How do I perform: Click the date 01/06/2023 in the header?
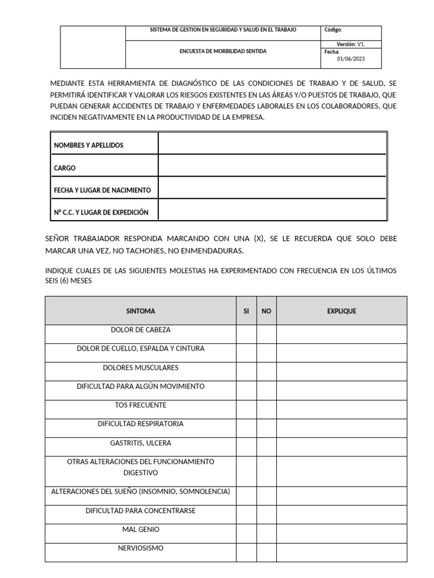(x=351, y=58)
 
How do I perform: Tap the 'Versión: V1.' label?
(x=351, y=43)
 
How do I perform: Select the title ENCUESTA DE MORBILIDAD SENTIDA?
(x=223, y=51)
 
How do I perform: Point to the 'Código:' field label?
(x=333, y=30)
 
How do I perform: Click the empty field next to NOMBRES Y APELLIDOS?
(x=272, y=145)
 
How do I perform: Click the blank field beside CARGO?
(x=272, y=168)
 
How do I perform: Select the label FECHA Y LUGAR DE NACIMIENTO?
(x=102, y=190)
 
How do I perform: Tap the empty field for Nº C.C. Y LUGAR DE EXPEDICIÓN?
(x=272, y=212)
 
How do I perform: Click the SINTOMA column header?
(x=141, y=311)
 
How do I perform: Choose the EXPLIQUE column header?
(x=341, y=311)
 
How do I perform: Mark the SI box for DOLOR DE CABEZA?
(x=246, y=334)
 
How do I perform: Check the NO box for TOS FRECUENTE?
(x=267, y=409)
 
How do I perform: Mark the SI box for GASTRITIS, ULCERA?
(x=246, y=447)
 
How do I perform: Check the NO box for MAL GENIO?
(x=267, y=534)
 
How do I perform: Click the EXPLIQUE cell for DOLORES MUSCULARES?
(x=341, y=371)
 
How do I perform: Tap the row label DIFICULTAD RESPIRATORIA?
(x=141, y=424)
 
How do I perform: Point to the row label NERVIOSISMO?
(x=141, y=548)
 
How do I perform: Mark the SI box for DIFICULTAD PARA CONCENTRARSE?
(x=246, y=515)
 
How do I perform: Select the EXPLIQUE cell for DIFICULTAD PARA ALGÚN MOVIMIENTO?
(x=341, y=390)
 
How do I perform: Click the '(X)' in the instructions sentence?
(x=259, y=239)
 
